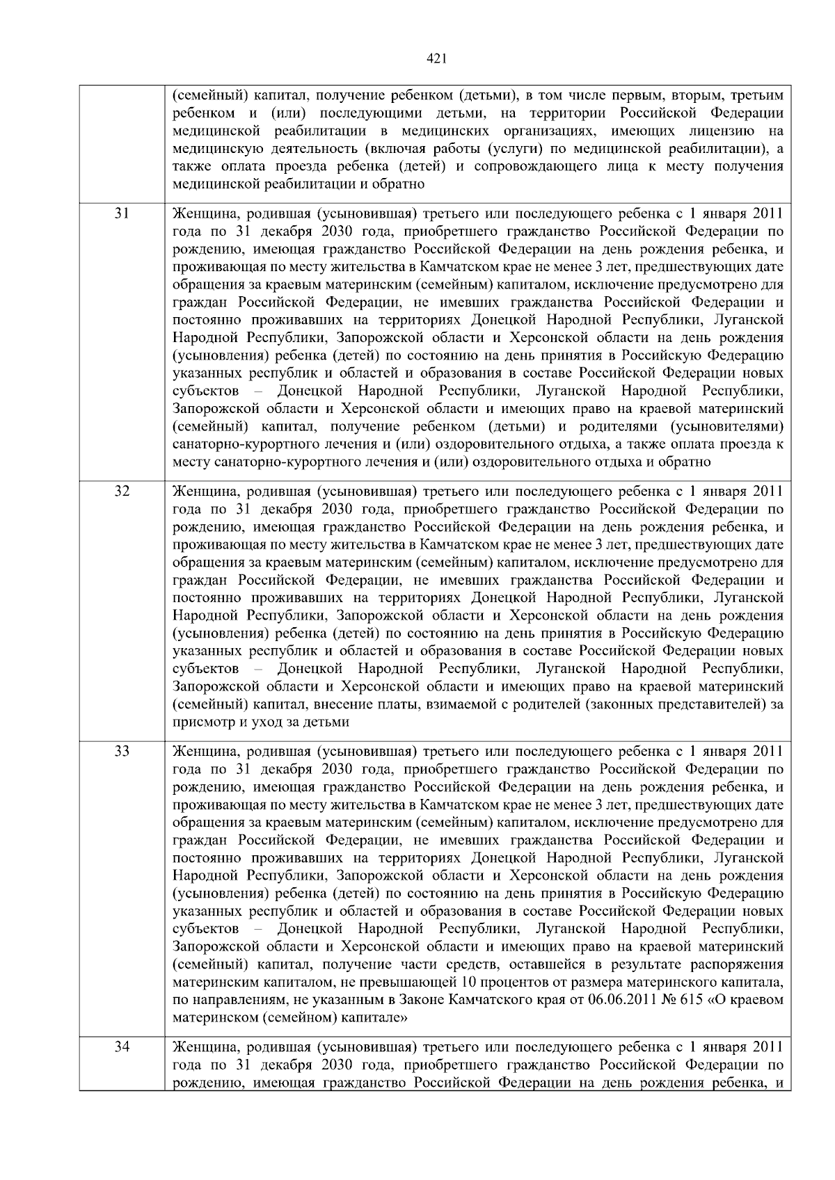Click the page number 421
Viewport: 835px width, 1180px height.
(x=436, y=59)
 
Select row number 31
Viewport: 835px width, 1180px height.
(x=122, y=213)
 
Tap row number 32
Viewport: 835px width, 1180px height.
(x=122, y=491)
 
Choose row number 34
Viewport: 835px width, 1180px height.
(x=122, y=1046)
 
